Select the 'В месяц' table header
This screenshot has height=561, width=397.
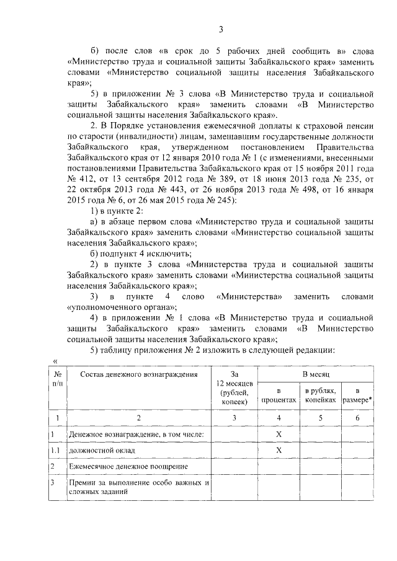[319, 375]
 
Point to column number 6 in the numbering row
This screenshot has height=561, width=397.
[357, 418]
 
